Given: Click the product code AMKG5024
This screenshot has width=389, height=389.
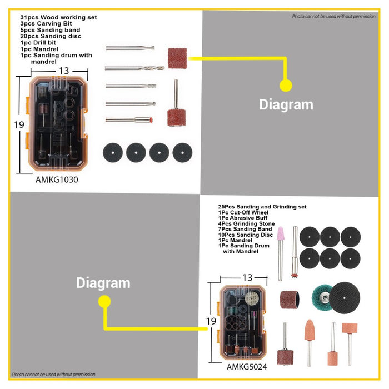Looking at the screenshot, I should point(247,366).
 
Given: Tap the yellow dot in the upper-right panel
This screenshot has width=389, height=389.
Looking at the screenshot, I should point(285,85).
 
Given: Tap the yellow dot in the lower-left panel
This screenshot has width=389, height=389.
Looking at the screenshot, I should point(104,301).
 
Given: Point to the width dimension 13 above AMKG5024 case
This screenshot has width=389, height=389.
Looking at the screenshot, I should point(247,277).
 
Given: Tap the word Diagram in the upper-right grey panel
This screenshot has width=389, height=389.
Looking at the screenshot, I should point(286,104).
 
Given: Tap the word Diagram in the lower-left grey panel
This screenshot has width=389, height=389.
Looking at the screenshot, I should point(103,283).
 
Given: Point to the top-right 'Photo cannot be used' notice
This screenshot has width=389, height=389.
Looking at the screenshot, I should point(333,17).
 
